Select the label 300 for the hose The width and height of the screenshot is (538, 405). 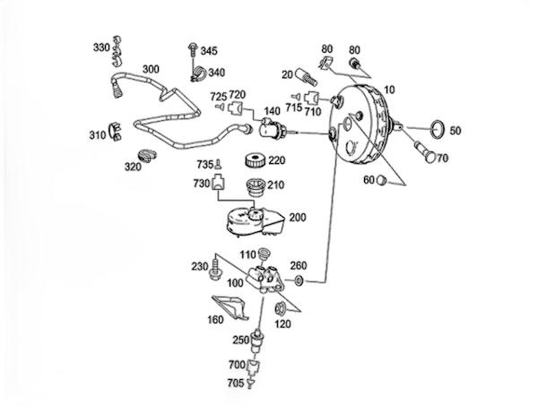point(151,69)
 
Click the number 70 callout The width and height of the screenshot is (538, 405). point(442,158)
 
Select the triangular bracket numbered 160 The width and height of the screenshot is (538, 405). point(232,307)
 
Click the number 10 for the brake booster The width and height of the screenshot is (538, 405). point(387,90)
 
